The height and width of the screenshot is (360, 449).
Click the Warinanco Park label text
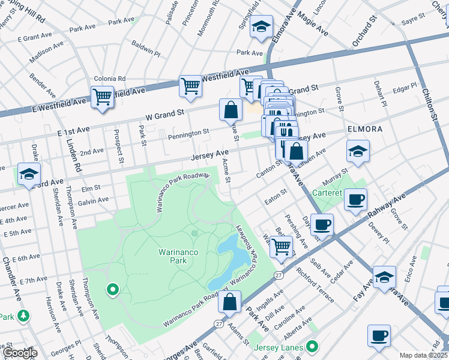pos(178,258)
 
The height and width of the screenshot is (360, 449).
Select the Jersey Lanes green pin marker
pos(312,347)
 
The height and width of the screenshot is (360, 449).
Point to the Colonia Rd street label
pos(109,79)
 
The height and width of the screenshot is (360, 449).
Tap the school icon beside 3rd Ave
pos(28,174)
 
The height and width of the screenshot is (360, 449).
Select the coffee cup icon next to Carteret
pos(355,199)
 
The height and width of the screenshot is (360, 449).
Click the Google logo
pos(19,353)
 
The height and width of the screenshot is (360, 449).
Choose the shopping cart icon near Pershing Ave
pos(281,246)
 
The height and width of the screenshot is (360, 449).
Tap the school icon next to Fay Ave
pos(384,277)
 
